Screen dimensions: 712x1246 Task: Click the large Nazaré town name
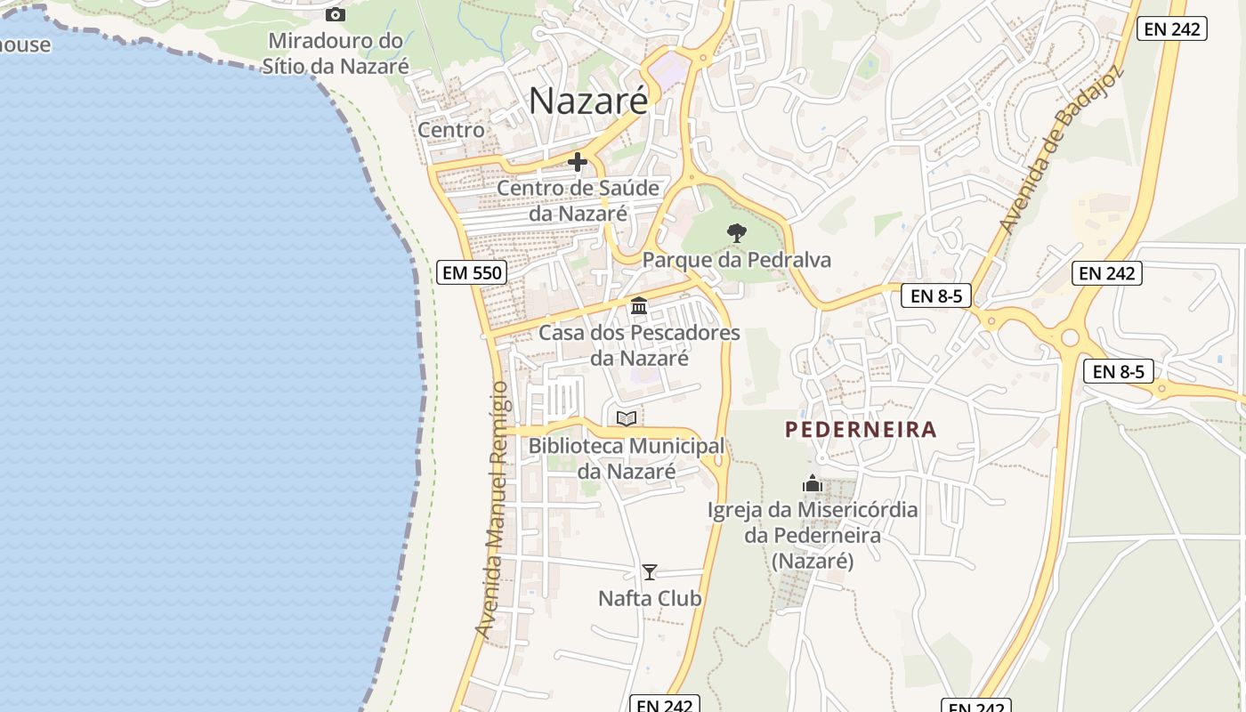click(x=588, y=101)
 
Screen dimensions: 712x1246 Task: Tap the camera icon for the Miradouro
click(x=336, y=14)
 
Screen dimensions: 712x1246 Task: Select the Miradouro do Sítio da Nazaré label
click(x=336, y=53)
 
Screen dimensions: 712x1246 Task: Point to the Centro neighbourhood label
click(x=451, y=130)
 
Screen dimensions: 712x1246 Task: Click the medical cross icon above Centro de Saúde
click(x=578, y=162)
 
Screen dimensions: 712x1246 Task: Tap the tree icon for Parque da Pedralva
click(x=736, y=233)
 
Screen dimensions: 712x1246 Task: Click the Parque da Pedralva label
click(x=736, y=260)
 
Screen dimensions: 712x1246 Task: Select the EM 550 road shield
click(x=473, y=272)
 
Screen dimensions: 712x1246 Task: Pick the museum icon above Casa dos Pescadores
click(x=638, y=306)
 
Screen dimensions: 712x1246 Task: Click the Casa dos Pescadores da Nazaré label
click(x=639, y=345)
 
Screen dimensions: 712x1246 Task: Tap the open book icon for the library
click(x=627, y=418)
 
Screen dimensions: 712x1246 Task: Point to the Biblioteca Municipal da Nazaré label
click(x=627, y=458)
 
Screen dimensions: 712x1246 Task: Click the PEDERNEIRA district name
click(x=861, y=430)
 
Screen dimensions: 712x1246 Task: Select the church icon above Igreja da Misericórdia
click(x=812, y=484)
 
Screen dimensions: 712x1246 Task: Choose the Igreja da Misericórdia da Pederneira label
click(x=813, y=536)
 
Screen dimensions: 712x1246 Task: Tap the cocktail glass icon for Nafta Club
click(x=650, y=572)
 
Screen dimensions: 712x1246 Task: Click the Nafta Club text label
click(x=650, y=599)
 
